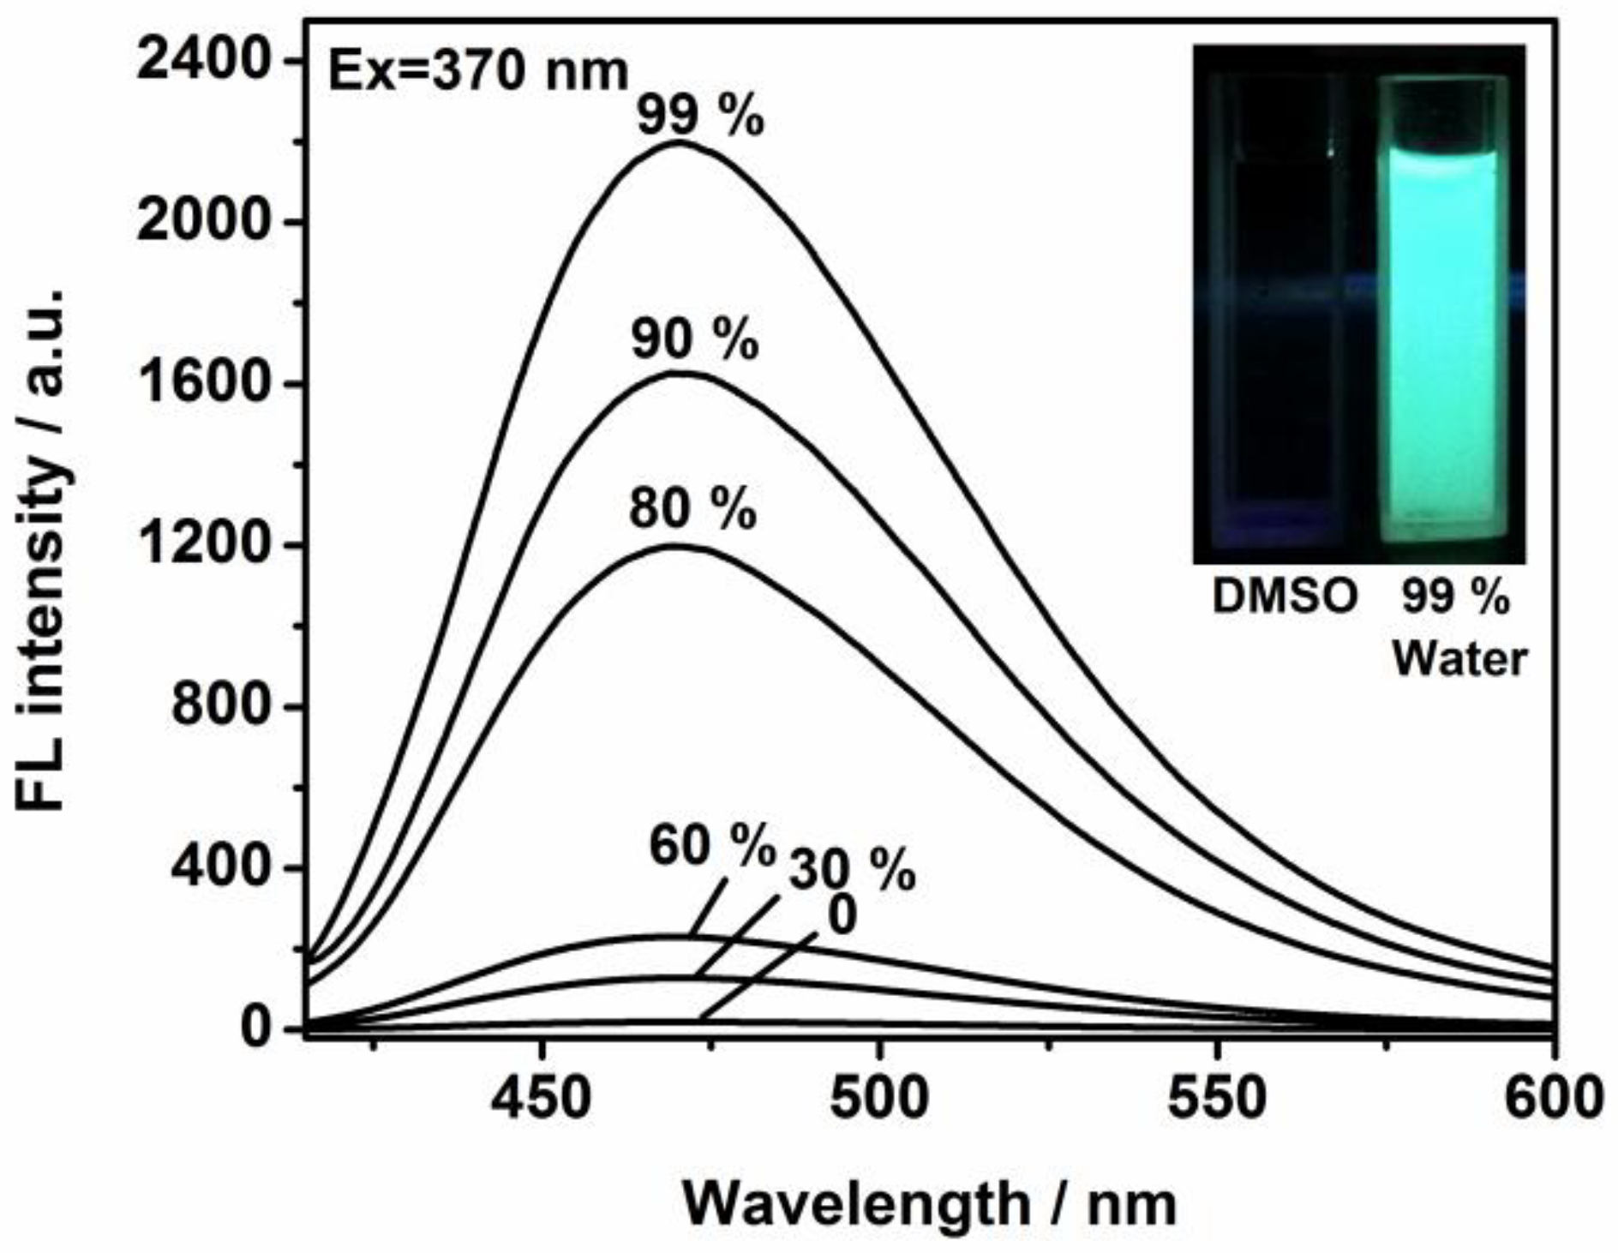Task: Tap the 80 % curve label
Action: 692,510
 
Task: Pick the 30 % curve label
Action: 852,872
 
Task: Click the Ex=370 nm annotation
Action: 479,72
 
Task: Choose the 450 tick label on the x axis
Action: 541,1098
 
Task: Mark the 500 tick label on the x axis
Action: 879,1098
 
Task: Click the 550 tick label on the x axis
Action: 1218,1098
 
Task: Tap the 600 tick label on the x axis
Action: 1554,1098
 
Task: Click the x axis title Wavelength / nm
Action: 929,1205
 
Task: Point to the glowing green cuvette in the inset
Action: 1438,343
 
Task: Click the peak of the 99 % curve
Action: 680,142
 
